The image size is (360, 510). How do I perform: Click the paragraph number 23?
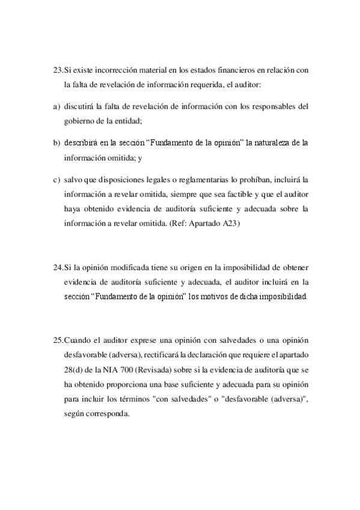(58, 70)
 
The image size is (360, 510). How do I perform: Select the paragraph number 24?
(58, 266)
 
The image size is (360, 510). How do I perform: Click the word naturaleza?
(275, 143)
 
